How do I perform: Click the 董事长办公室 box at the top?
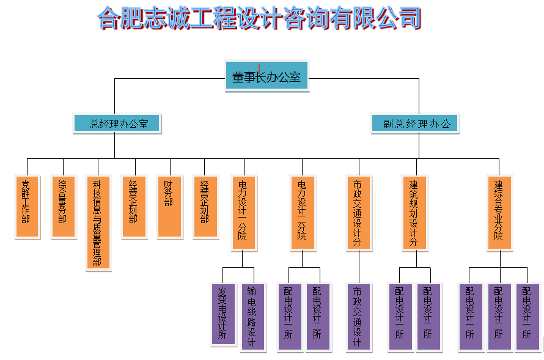(266, 76)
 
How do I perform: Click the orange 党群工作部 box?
(27, 207)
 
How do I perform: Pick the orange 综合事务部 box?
(63, 207)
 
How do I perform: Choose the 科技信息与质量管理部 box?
(98, 222)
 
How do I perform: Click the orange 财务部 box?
(169, 207)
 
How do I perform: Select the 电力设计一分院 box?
(243, 213)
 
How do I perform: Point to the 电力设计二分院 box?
(302, 213)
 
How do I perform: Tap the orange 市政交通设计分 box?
(358, 213)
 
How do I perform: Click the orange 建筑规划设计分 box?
(415, 213)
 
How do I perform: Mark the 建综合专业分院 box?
(499, 213)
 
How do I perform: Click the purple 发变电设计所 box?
(223, 314)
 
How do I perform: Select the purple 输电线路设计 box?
(252, 317)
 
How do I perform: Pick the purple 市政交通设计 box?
(358, 317)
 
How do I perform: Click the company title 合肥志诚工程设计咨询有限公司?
(260, 18)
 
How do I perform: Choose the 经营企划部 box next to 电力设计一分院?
(205, 207)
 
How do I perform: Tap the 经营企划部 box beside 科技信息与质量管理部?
(134, 207)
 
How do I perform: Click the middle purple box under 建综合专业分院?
(499, 317)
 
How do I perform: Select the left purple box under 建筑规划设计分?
(400, 317)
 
